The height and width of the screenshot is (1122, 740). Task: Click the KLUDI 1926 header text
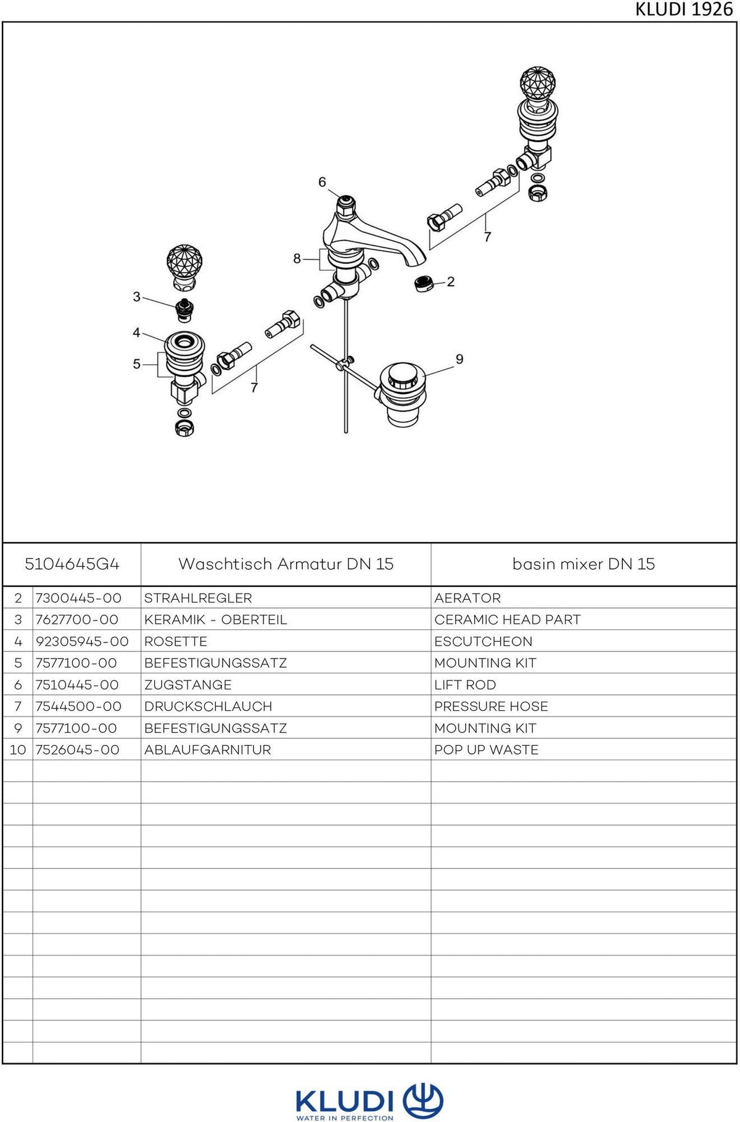click(684, 10)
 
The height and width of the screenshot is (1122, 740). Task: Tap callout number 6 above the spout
click(322, 182)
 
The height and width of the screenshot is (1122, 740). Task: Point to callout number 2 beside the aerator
click(451, 281)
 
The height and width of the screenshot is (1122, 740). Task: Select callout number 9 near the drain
click(459, 359)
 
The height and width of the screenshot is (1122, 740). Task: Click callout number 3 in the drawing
click(137, 297)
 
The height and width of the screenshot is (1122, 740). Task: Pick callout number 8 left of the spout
click(297, 259)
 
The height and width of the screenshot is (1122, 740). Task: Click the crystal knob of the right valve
click(538, 84)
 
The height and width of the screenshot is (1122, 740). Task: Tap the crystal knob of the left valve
click(184, 263)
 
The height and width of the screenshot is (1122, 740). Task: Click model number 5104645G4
click(72, 564)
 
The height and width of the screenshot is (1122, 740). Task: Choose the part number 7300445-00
click(78, 598)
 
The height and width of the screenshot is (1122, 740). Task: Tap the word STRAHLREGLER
click(198, 598)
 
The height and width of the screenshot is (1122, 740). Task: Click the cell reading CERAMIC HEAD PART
click(508, 620)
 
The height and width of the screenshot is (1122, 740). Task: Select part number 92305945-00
click(82, 641)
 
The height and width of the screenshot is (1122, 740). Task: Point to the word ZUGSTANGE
click(188, 685)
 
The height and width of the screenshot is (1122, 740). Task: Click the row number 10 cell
click(18, 750)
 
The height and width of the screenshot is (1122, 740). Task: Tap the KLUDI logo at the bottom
click(369, 1102)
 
